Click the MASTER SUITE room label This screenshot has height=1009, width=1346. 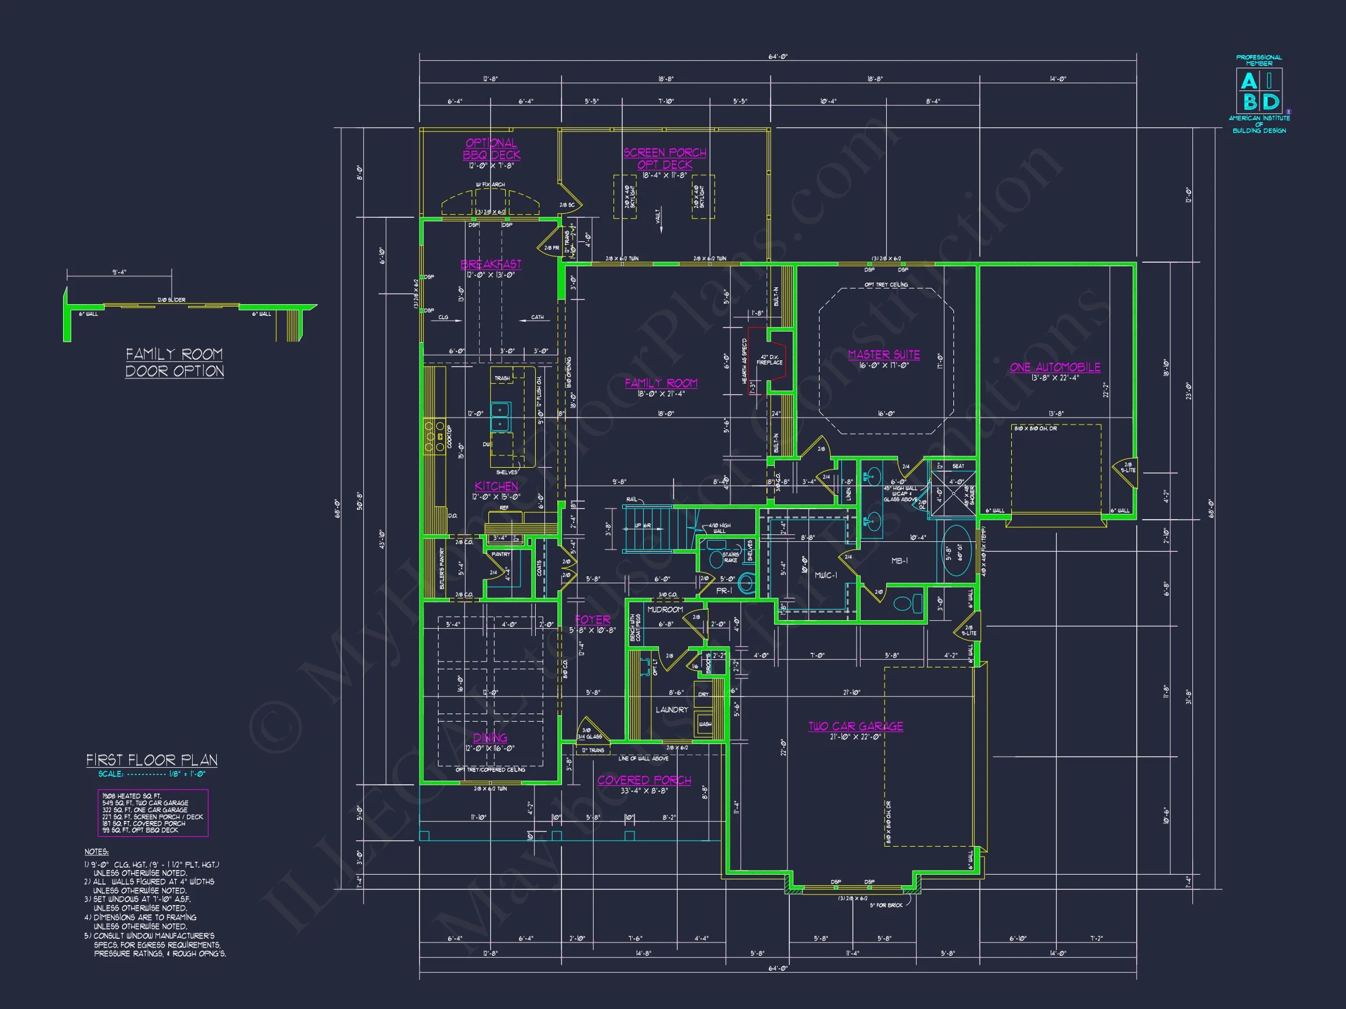tap(883, 354)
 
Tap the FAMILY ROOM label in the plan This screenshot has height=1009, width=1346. tap(661, 383)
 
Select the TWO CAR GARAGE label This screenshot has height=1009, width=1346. tap(855, 726)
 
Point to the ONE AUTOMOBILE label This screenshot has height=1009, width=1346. tap(1055, 367)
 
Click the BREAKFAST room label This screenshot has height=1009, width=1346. tap(491, 264)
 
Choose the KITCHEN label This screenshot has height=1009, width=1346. tap(496, 486)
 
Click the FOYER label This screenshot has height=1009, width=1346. tap(592, 620)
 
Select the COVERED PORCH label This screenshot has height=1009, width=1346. tap(644, 780)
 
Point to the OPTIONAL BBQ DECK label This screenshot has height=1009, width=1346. tap(491, 149)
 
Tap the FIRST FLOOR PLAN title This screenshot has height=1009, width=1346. tap(151, 760)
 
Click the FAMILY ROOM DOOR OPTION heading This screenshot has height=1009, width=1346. tap(175, 363)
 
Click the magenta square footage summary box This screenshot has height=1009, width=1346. tap(152, 813)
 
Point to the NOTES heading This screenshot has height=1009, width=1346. tap(96, 852)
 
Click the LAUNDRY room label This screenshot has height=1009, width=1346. tap(672, 710)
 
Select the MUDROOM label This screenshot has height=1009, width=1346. tap(664, 610)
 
